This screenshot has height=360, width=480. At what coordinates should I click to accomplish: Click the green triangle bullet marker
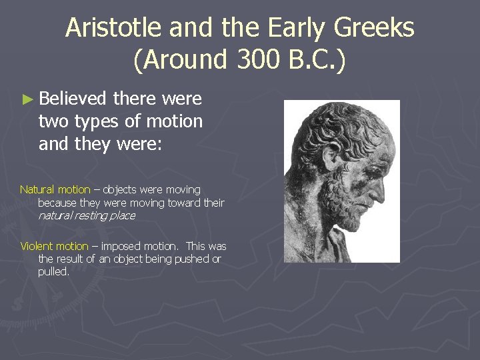tap(27, 99)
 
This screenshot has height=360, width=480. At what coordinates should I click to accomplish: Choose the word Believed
tap(73, 99)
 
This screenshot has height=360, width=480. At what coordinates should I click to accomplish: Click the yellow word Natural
tap(37, 190)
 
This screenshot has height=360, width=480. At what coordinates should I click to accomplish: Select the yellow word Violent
tap(36, 246)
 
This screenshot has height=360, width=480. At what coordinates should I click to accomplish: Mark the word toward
tap(180, 203)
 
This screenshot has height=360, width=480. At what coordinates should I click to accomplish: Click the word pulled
tap(53, 271)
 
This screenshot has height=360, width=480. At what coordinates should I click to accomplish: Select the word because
tap(57, 203)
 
